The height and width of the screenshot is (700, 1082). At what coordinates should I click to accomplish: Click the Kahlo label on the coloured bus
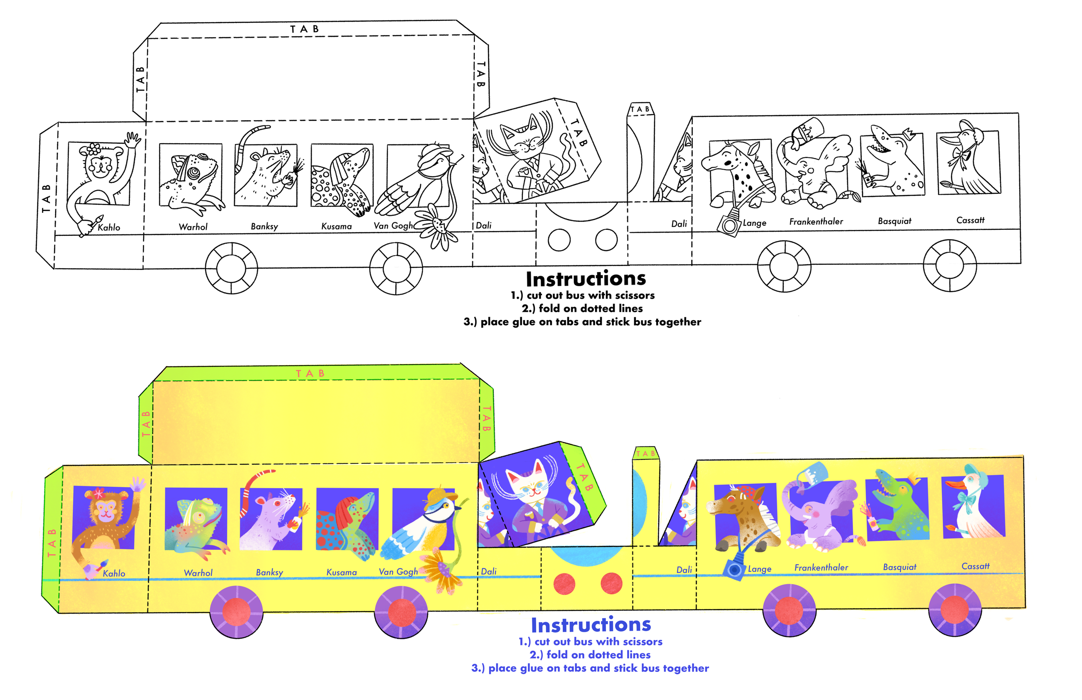pyautogui.click(x=114, y=573)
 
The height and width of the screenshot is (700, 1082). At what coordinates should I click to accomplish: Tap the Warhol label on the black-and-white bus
pyautogui.click(x=193, y=227)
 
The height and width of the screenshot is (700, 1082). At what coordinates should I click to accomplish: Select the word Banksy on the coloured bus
pyautogui.click(x=269, y=572)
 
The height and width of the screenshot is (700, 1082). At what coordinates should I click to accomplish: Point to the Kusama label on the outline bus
pyautogui.click(x=336, y=226)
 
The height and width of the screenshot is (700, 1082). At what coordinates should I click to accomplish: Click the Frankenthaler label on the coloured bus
pyautogui.click(x=821, y=567)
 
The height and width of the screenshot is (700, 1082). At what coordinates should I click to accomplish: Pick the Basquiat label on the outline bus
pyautogui.click(x=894, y=222)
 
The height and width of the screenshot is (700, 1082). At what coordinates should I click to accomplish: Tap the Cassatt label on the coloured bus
pyautogui.click(x=975, y=566)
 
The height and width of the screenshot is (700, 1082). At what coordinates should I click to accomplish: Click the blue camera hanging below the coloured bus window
pyautogui.click(x=733, y=569)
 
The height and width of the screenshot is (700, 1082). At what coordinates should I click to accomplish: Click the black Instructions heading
pyautogui.click(x=586, y=279)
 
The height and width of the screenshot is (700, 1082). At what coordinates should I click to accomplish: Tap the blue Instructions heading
pyautogui.click(x=591, y=625)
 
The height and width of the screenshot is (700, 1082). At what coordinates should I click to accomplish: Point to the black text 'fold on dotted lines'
pyautogui.click(x=582, y=308)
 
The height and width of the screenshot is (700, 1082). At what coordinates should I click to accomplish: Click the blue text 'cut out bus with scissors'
pyautogui.click(x=590, y=642)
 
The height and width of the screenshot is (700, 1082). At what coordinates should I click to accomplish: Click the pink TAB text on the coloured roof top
pyautogui.click(x=310, y=374)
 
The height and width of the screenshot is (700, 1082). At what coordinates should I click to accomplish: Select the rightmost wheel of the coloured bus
pyautogui.click(x=955, y=610)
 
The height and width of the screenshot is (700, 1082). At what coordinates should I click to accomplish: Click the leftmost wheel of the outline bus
pyautogui.click(x=232, y=268)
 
